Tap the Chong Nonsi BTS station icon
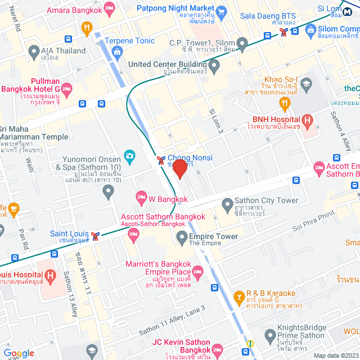[x=161, y=160]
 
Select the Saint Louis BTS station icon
[x=96, y=235]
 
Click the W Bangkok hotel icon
[x=141, y=197]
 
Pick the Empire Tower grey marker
[x=182, y=238]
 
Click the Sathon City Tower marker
[x=227, y=204]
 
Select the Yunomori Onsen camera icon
[x=129, y=155]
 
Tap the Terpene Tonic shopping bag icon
[x=117, y=53]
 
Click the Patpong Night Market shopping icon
[x=221, y=11]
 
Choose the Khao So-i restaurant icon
[x=285, y=102]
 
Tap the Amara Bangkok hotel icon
[x=109, y=8]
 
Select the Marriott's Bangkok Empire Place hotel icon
[x=199, y=272]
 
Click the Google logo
[x=19, y=353]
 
